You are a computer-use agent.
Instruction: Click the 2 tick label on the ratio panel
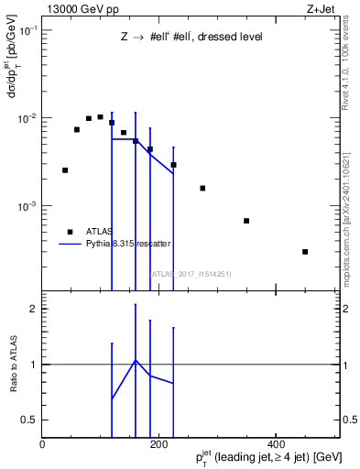click(33, 310)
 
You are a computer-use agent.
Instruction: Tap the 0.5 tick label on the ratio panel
click(29, 420)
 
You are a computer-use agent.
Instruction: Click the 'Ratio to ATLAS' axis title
click(12, 364)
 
